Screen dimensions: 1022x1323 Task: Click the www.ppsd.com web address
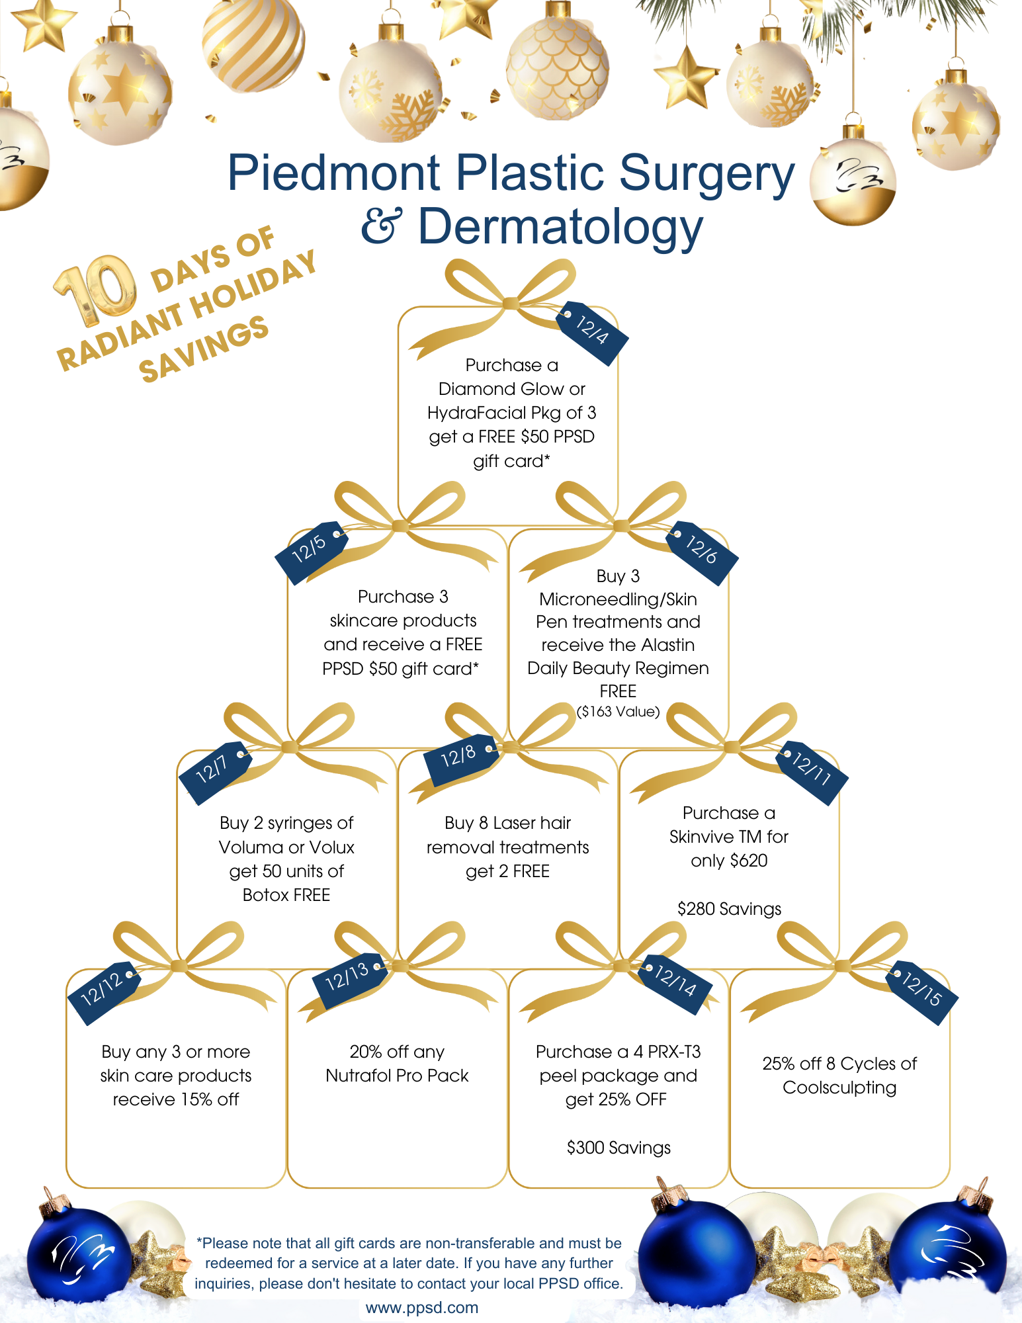[422, 1308]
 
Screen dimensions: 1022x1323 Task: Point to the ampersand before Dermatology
[382, 225]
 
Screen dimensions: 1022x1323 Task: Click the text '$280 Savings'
[729, 909]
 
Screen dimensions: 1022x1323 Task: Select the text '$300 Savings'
[618, 1148]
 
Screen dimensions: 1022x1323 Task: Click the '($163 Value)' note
[618, 712]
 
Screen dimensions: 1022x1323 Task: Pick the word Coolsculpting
[839, 1088]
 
